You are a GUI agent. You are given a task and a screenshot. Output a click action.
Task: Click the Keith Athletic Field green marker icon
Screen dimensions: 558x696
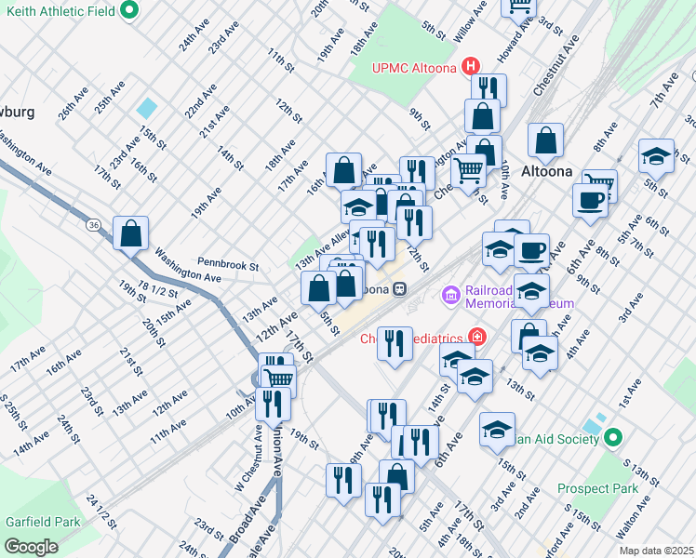129,10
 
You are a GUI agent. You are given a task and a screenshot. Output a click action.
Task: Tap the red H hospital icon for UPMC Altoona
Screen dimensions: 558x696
472,66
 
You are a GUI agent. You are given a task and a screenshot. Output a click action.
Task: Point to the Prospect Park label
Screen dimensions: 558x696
597,488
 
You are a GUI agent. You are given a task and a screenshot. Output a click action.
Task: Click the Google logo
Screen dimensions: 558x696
31,547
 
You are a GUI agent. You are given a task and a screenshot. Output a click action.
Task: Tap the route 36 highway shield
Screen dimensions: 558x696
93,225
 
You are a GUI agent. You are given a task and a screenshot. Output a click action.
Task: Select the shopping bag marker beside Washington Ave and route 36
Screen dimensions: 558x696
130,232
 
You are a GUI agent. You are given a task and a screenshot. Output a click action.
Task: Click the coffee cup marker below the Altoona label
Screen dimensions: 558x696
590,200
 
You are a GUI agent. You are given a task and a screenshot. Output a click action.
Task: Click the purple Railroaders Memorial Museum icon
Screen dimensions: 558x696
451,296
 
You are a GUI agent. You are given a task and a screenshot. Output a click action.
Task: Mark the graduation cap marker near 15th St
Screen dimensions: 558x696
498,429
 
